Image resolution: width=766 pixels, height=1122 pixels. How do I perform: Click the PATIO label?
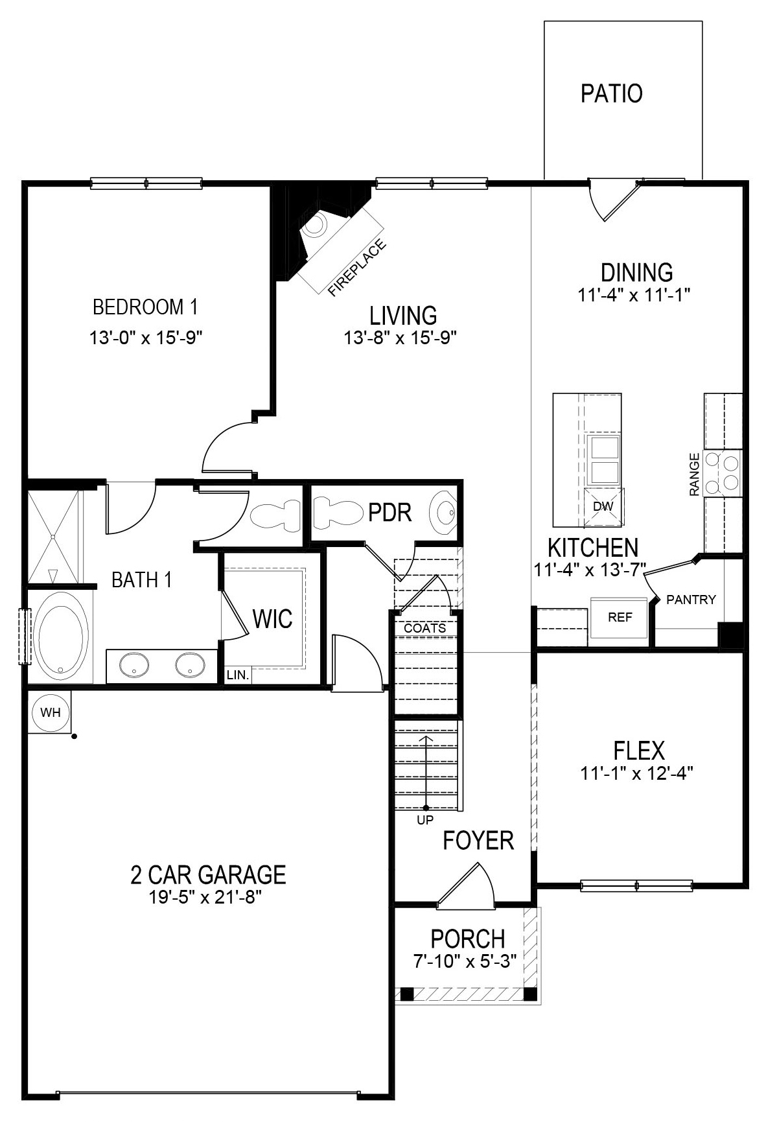pyautogui.click(x=611, y=93)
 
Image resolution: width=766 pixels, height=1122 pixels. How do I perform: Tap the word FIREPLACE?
pyautogui.click(x=357, y=268)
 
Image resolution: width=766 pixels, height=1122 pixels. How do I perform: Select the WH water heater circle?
pyautogui.click(x=50, y=712)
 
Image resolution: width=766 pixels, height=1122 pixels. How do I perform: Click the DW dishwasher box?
pyautogui.click(x=603, y=506)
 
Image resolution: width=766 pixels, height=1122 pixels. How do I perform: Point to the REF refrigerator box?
pyautogui.click(x=620, y=618)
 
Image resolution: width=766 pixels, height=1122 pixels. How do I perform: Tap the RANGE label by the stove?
pyautogui.click(x=695, y=474)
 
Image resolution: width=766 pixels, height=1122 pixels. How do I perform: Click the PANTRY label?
pyautogui.click(x=691, y=600)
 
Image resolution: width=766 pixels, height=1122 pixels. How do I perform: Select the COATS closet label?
pyautogui.click(x=424, y=628)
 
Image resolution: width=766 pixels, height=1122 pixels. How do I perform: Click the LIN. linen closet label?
pyautogui.click(x=238, y=675)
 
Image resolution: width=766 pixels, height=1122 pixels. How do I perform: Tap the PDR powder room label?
pyautogui.click(x=389, y=513)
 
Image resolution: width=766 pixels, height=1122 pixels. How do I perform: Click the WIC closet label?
pyautogui.click(x=272, y=619)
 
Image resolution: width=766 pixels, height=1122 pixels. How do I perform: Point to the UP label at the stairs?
pyautogui.click(x=425, y=820)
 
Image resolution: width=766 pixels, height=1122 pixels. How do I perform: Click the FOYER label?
pyautogui.click(x=478, y=841)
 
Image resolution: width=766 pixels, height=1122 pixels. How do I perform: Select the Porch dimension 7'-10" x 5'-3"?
pyautogui.click(x=465, y=961)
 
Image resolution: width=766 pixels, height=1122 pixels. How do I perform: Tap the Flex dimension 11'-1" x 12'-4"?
pyautogui.click(x=638, y=773)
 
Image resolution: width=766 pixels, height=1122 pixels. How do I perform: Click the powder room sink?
pyautogui.click(x=446, y=512)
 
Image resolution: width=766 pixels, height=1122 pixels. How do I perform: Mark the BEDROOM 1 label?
pyautogui.click(x=145, y=306)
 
